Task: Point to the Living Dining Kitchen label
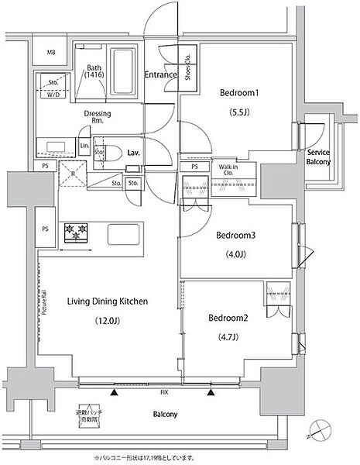(x=107, y=301)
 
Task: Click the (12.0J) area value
(x=107, y=320)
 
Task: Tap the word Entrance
(x=161, y=75)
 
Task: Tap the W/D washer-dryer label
(x=54, y=95)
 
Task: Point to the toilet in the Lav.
(x=111, y=152)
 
